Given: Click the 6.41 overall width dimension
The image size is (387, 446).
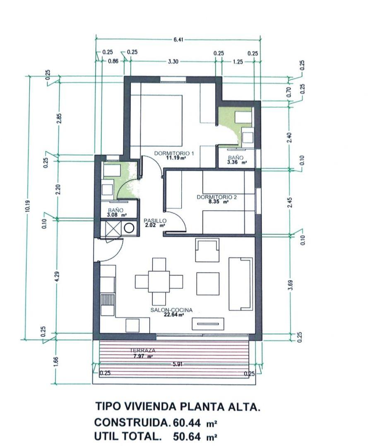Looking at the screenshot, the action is tap(178, 40).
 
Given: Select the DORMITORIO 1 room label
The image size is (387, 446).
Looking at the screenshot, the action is tap(174, 154).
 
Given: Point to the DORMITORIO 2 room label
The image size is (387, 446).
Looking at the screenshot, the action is tap(217, 197).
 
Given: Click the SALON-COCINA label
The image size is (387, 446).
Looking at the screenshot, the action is tap(171, 310).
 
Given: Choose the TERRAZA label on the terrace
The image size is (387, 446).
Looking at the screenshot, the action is tap(143, 351).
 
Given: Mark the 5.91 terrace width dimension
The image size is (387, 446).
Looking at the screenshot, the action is tap(178, 364).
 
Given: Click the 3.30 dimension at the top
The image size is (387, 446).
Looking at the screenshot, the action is tap(173, 62).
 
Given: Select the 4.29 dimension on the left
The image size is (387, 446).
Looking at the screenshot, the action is tap(58, 276).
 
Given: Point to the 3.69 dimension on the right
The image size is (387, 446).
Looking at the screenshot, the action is tap(290, 285).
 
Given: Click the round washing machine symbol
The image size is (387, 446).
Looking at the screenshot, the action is tap(129, 228).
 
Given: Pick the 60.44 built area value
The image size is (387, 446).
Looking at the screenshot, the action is tap(187, 422).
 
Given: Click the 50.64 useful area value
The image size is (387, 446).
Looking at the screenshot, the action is tap(187, 436).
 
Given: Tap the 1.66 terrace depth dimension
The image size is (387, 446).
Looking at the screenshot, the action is tap(56, 362).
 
